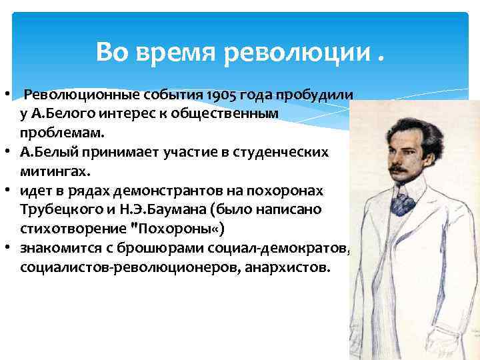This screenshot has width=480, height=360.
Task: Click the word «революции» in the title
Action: coord(296,51)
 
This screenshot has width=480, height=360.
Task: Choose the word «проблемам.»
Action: coord(53,133)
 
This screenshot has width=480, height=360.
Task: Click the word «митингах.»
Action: coord(54,171)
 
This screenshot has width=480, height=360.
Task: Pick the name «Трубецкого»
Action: coord(61,210)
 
